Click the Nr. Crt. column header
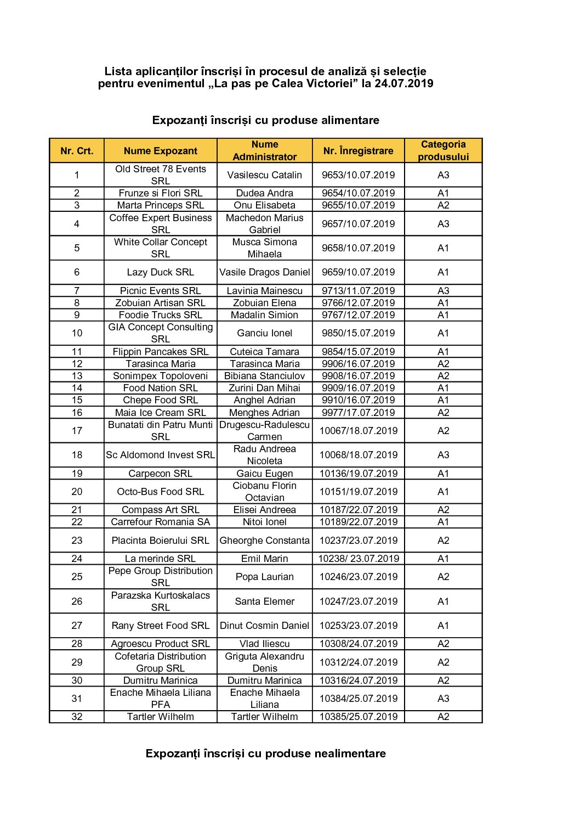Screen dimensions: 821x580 [x=77, y=151]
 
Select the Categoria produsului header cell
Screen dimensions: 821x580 [x=443, y=150]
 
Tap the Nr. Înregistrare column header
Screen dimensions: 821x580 [x=358, y=151]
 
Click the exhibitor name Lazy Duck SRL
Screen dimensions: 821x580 [x=160, y=272]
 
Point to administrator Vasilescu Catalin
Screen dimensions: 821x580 [x=264, y=175]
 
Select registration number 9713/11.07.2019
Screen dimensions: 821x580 [x=358, y=291]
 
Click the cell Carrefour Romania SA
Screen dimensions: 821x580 [x=160, y=522]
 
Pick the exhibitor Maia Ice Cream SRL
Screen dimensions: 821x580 [x=160, y=413]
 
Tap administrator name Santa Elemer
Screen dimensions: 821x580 [x=264, y=601]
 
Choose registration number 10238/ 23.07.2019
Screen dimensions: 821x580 [x=359, y=559]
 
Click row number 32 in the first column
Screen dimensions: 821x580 [x=77, y=717]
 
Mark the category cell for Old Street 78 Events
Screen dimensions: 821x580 [x=443, y=175]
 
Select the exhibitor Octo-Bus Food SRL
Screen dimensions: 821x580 [x=160, y=492]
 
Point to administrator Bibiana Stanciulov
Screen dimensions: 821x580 [x=264, y=376]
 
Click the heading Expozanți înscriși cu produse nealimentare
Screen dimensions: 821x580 [x=265, y=753]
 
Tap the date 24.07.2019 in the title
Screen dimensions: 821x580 [x=404, y=83]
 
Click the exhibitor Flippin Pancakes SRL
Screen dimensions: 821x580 [x=160, y=352]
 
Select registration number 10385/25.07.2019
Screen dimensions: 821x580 [x=359, y=717]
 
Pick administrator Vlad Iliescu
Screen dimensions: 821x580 [x=264, y=644]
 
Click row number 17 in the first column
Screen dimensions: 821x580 [x=77, y=431]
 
